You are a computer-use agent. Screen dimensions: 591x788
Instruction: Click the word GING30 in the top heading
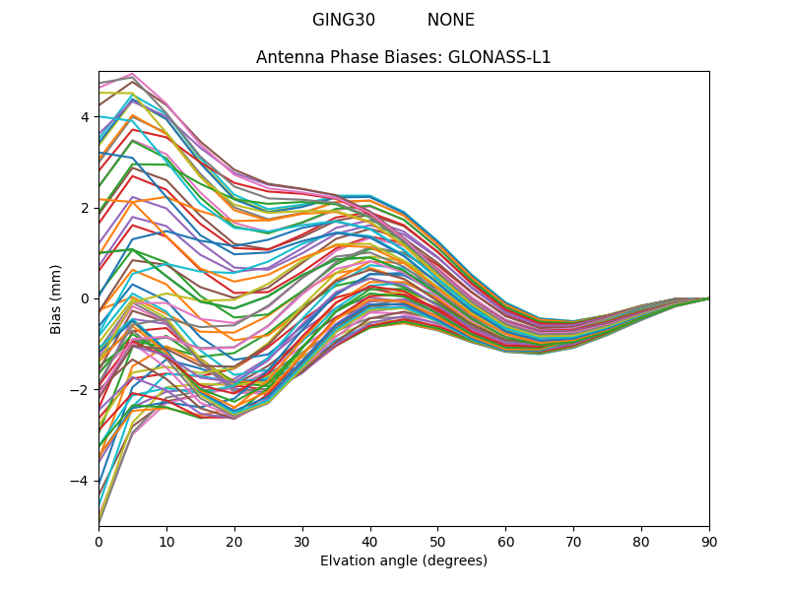coord(344,20)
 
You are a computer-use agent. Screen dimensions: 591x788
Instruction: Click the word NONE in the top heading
coord(450,20)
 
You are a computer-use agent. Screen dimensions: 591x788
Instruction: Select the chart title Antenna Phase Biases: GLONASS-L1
coord(403,57)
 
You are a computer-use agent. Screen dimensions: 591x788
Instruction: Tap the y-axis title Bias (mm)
coord(56,298)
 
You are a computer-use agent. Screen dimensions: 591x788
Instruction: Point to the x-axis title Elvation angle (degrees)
coord(403,561)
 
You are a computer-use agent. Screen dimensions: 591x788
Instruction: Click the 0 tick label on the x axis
coord(98,541)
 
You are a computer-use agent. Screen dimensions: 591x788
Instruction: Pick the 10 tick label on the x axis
coord(166,541)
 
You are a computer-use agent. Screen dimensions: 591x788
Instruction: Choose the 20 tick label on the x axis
coord(234,541)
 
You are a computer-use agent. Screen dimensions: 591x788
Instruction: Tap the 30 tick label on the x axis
coord(302,541)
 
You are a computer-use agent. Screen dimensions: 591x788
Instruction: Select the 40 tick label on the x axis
coord(370,541)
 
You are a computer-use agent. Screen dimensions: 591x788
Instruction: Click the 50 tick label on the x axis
coord(437,541)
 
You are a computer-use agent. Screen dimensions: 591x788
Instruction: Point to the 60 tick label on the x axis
coord(505,541)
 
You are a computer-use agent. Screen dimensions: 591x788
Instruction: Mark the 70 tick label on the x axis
coord(573,541)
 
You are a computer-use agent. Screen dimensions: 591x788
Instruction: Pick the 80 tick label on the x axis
coord(641,541)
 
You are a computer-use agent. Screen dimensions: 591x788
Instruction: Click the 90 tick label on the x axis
coord(709,541)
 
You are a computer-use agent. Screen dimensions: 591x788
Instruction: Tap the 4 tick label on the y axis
coord(85,117)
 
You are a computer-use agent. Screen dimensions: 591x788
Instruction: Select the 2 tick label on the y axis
coord(85,208)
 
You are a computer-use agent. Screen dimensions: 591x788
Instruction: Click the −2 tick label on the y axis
coord(81,390)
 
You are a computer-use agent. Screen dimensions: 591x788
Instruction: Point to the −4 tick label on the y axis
coord(81,481)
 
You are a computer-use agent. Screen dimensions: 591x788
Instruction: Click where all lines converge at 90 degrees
coord(708,298)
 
